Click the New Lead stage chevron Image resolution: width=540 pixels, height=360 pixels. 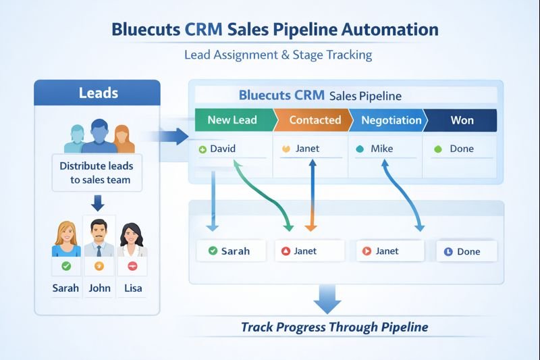tap(233, 120)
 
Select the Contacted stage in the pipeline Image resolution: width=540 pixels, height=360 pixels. tap(315, 120)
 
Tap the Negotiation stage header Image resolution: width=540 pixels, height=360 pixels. tap(391, 120)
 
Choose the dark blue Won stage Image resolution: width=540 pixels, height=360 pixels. tap(462, 120)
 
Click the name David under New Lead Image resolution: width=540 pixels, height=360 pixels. tap(223, 149)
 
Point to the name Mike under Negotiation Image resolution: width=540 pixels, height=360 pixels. tap(381, 149)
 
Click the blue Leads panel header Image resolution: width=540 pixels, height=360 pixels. tap(97, 93)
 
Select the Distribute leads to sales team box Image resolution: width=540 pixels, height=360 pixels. tap(97, 172)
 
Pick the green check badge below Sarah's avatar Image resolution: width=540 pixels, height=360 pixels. tap(66, 266)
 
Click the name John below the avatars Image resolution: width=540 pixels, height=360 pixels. tap(99, 288)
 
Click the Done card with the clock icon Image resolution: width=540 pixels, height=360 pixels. tap(466, 251)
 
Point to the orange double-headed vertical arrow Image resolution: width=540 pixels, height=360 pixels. tap(311, 196)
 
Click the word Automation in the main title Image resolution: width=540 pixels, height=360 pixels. tap(383, 30)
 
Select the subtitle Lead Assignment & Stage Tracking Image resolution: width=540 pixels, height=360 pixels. tap(278, 55)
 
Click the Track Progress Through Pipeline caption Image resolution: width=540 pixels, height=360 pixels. tap(334, 328)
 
